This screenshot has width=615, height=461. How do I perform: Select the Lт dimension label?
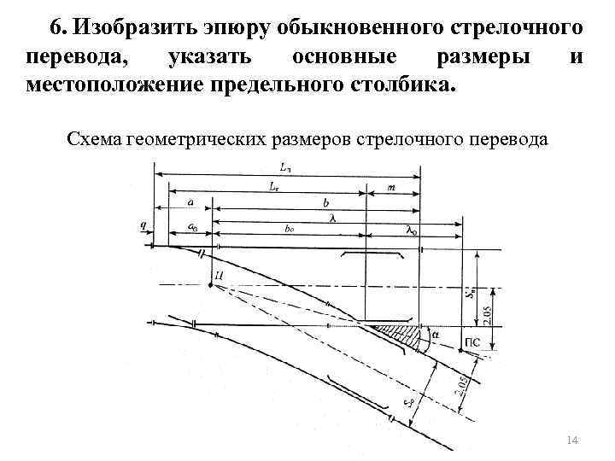(274, 185)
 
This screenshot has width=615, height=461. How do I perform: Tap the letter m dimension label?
(390, 185)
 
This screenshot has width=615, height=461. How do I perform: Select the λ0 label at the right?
(412, 230)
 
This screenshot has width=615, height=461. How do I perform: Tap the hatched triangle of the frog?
(406, 336)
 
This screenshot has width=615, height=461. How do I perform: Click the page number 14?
(572, 439)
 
